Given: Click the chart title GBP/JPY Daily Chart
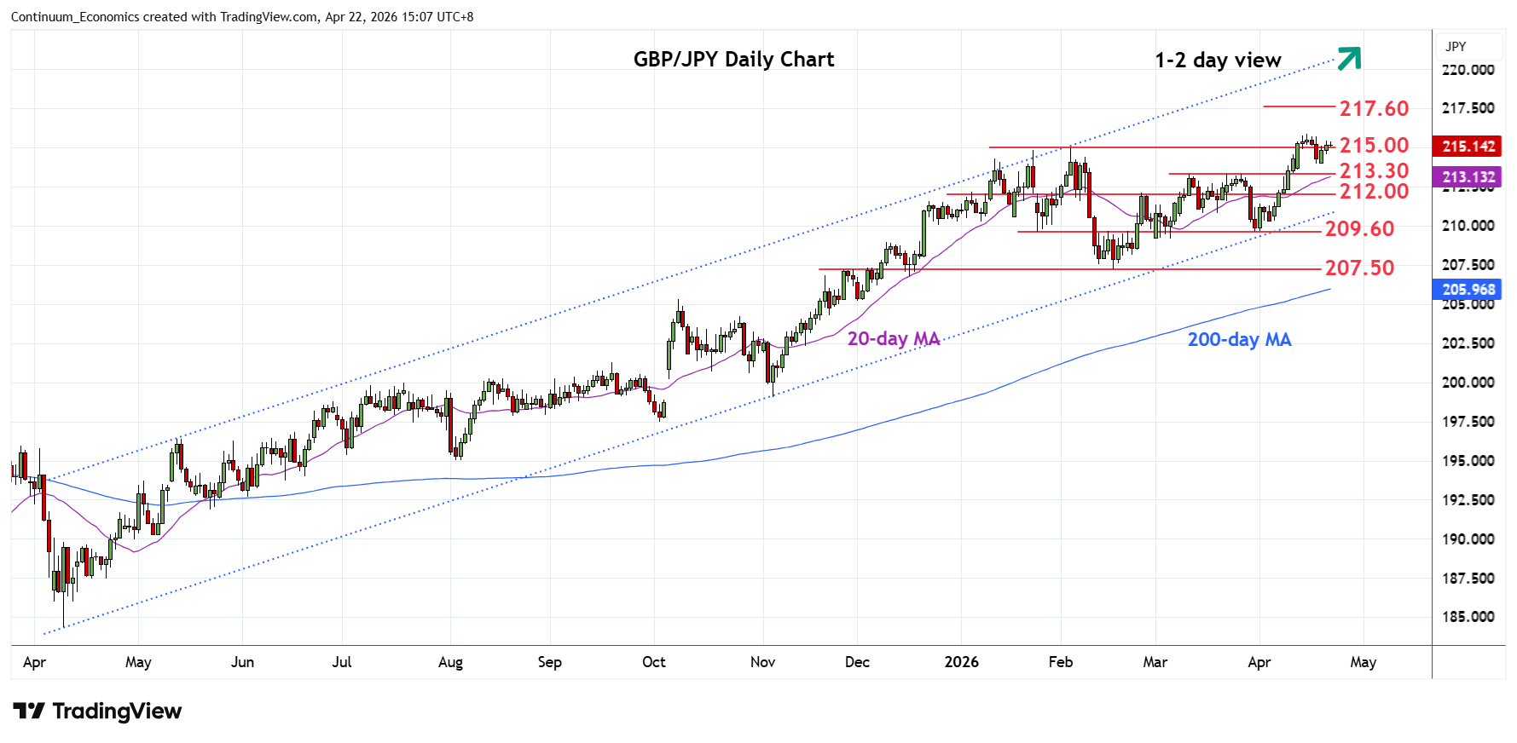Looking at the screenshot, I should [733, 60].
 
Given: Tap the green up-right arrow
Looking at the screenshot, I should [1349, 58].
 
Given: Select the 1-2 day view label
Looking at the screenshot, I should [1218, 60].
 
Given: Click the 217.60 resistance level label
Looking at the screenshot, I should [1374, 109].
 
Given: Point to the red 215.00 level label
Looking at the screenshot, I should [1374, 146].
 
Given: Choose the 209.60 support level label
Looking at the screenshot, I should [1359, 229].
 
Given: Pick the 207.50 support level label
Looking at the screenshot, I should [1359, 268].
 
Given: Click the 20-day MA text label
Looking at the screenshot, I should [893, 339].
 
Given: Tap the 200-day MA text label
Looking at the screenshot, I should [1239, 340].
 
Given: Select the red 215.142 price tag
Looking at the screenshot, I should [1468, 147].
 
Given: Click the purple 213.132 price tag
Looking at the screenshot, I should [1468, 177].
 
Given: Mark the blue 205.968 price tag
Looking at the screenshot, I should [1468, 290].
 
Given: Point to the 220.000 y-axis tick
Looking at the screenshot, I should [1468, 70].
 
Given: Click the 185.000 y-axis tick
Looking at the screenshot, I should [1468, 617].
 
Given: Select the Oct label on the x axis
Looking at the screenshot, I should [654, 662].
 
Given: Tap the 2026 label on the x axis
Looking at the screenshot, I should [961, 662].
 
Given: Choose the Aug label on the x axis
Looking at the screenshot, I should [450, 662].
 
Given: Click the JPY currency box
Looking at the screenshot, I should [1456, 47].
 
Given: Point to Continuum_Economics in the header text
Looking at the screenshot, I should [71, 17].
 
